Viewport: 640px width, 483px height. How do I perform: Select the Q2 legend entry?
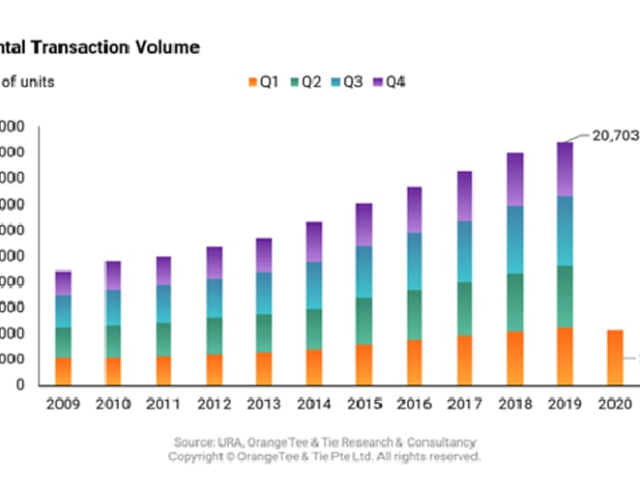(305, 82)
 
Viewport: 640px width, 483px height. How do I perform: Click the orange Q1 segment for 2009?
(63, 370)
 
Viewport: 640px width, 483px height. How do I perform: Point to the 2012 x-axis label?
(213, 404)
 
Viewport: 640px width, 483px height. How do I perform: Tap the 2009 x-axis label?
(63, 404)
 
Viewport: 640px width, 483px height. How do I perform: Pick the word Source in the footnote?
(195, 442)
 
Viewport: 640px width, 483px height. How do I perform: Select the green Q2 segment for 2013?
(264, 332)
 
